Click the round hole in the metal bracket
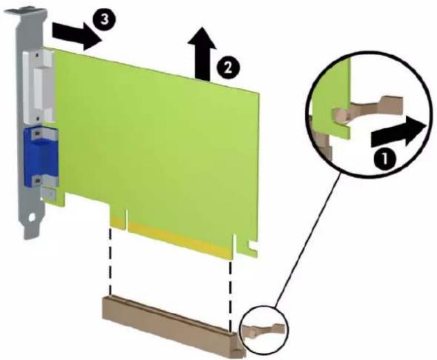32,217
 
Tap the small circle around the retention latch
264,329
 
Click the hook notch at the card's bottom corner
252,247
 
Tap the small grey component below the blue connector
49,193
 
